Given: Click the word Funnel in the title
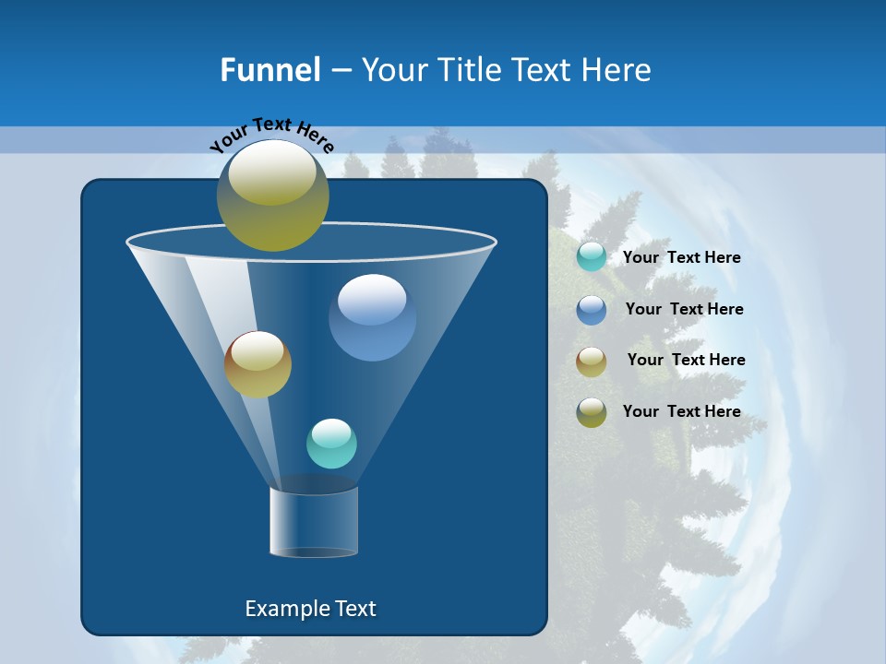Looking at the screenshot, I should coord(270,70).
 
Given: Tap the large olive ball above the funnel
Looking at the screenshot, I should coord(272,195).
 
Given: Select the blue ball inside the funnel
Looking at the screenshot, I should coord(372,319).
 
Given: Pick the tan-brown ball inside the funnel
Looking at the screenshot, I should coord(257,364).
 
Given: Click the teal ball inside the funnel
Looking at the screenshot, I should coord(331,444).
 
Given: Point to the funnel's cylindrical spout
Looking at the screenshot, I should coord(314,523).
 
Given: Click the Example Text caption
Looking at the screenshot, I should coord(310,609).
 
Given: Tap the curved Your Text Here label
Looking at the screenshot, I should coord(271,134).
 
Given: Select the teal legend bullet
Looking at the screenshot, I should coord(592,257).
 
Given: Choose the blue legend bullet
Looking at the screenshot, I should coord(592,310).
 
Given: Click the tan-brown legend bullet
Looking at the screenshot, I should coord(592,362).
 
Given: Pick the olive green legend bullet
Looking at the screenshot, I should coord(592,412).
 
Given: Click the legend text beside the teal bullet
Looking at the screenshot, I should coord(681,258).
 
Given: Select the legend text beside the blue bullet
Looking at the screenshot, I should coord(684,310).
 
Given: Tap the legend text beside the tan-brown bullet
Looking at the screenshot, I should coord(686,361).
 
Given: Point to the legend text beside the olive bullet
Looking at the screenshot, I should coord(681,411).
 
